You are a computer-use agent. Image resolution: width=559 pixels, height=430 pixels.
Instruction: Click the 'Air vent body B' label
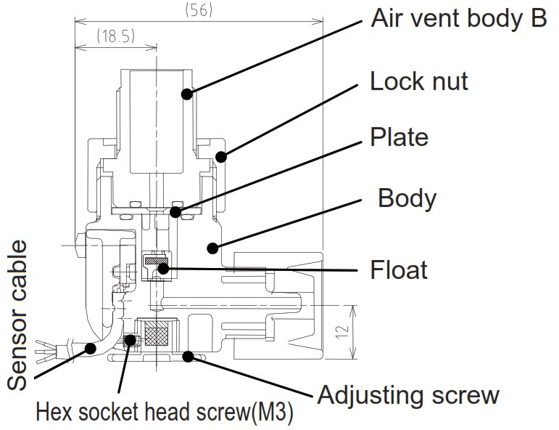point(458,19)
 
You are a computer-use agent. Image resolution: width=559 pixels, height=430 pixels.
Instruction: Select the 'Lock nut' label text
point(419,81)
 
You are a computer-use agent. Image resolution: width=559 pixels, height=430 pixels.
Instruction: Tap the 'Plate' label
point(399,137)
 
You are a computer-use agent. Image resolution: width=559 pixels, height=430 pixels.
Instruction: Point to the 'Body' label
point(407,198)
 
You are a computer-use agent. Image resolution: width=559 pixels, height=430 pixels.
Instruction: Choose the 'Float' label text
point(399,270)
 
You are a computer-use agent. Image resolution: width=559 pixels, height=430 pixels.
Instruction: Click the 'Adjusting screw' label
point(408,396)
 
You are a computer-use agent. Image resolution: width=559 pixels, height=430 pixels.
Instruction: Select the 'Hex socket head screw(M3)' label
point(165,413)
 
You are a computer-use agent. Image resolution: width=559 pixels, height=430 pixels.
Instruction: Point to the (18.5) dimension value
point(115,36)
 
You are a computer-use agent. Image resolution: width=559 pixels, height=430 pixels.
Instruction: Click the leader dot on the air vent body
point(187,94)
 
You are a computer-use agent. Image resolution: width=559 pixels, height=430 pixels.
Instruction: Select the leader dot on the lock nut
point(223,155)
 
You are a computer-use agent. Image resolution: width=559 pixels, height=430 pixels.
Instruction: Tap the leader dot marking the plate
point(175,212)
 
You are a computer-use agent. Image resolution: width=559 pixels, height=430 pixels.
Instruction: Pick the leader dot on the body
point(212,248)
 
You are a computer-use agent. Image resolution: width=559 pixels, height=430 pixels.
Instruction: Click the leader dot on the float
point(165,269)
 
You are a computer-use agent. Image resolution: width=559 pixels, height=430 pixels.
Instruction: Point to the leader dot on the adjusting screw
point(189,356)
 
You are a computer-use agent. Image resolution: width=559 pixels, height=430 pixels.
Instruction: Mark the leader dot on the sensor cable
point(90,347)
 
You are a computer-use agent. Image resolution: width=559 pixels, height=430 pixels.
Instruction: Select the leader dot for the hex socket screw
point(130,339)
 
